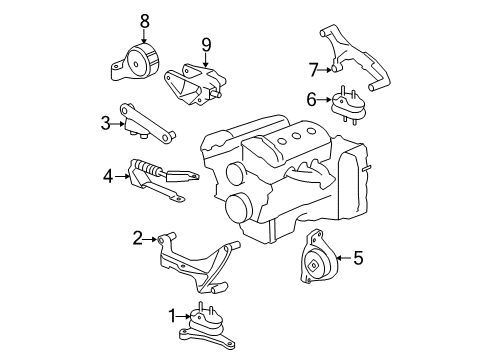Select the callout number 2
tap(137, 237)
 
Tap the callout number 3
tap(104, 122)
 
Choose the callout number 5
tap(357, 257)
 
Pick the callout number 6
tap(312, 98)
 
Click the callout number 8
tap(146, 20)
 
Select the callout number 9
tap(206, 44)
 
